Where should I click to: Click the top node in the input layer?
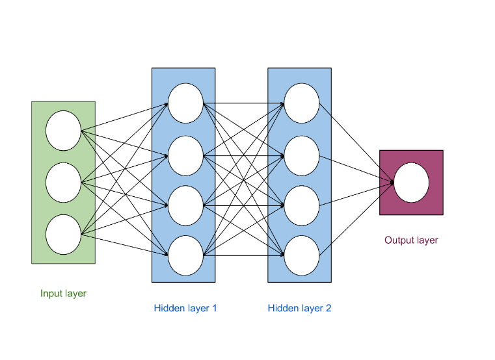click(63, 131)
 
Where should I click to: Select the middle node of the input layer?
click(63, 183)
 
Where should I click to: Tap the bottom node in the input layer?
click(63, 233)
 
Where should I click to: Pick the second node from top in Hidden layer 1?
click(185, 156)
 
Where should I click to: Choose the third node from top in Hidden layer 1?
click(185, 205)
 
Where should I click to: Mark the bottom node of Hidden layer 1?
click(185, 255)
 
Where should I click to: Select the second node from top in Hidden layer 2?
click(302, 156)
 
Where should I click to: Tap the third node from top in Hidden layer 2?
click(302, 205)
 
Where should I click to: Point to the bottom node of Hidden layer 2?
click(302, 255)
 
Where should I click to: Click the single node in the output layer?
click(411, 183)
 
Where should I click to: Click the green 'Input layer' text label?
click(63, 294)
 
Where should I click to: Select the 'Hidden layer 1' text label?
click(185, 308)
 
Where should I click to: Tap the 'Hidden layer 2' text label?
click(299, 308)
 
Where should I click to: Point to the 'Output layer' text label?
click(411, 240)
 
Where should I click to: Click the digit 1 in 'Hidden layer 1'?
click(214, 308)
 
